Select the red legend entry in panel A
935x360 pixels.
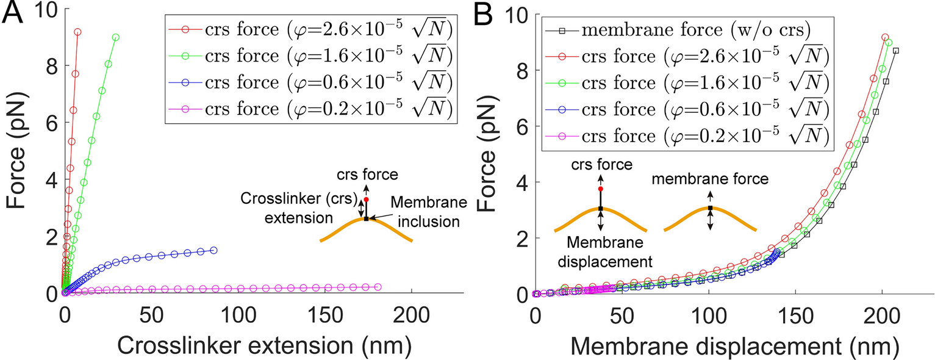click(x=310, y=29)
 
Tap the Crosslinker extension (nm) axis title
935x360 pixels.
click(x=263, y=345)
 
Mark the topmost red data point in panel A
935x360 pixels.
click(x=77, y=32)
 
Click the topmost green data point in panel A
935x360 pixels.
click(x=116, y=37)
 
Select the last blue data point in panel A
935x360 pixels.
click(x=213, y=250)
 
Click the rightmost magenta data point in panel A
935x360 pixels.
click(x=378, y=287)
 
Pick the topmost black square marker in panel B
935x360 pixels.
click(x=895, y=51)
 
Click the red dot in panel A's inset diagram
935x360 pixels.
click(x=366, y=200)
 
